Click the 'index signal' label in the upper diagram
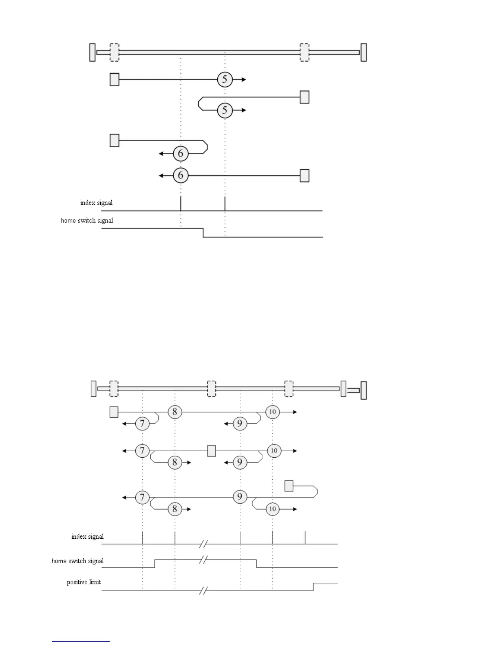pyautogui.click(x=96, y=203)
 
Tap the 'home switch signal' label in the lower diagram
pyautogui.click(x=77, y=561)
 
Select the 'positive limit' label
pyautogui.click(x=84, y=582)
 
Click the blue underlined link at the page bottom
pyautogui.click(x=81, y=642)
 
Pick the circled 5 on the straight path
pyautogui.click(x=225, y=79)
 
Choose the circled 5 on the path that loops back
pyautogui.click(x=225, y=110)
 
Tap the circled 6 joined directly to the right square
pyautogui.click(x=181, y=176)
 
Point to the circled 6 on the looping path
pyautogui.click(x=181, y=154)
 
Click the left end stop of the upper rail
pyautogui.click(x=93, y=53)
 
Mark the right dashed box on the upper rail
pyautogui.click(x=305, y=53)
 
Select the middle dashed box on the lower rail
pyautogui.click(x=212, y=388)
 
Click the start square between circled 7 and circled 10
pyautogui.click(x=212, y=451)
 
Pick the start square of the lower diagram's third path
pyautogui.click(x=289, y=486)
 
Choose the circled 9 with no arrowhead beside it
pyautogui.click(x=240, y=497)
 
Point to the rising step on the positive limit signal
pyautogui.click(x=313, y=587)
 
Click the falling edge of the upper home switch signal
pyautogui.click(x=203, y=233)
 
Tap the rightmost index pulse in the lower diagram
pyautogui.click(x=305, y=537)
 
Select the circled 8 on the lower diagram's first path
pyautogui.click(x=175, y=412)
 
